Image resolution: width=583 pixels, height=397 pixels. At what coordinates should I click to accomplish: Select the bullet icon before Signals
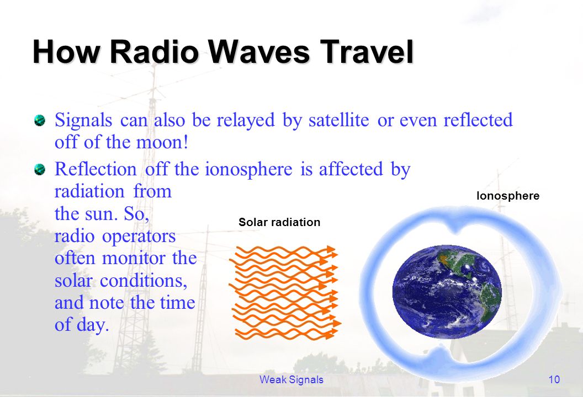point(39,121)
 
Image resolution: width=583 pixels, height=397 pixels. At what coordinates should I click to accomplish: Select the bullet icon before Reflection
point(39,170)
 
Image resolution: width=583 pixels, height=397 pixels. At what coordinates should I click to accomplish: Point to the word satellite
point(339,120)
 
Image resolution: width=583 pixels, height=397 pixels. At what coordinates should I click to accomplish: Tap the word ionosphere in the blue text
point(248,169)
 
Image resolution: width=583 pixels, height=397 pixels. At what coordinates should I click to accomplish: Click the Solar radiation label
point(279,222)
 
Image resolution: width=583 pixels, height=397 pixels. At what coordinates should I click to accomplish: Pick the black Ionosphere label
point(508,196)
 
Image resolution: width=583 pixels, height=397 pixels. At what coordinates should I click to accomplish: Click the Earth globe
point(447,292)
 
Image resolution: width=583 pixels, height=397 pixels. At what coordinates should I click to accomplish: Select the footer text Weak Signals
point(291,379)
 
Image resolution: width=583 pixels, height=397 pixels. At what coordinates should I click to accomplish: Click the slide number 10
point(554,379)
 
